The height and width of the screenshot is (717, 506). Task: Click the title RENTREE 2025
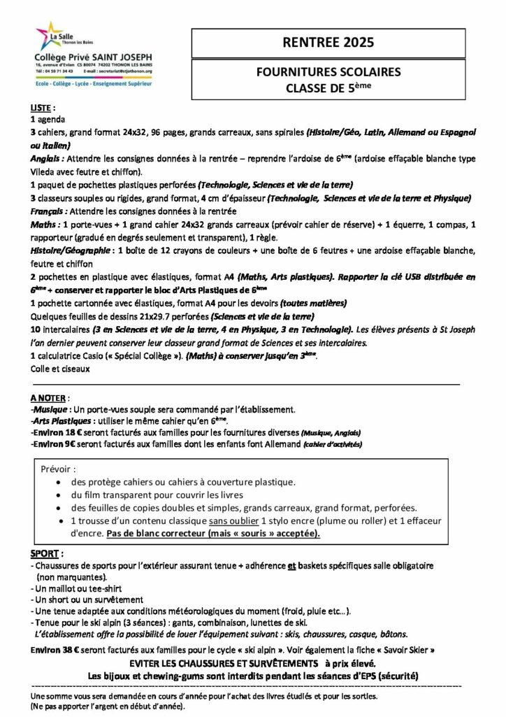pyautogui.click(x=328, y=43)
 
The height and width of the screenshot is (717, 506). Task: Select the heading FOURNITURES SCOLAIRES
pyautogui.click(x=328, y=72)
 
